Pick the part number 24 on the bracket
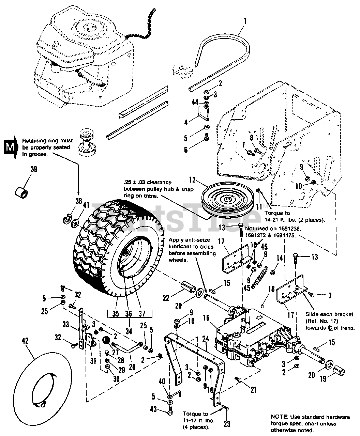(x=205, y=339)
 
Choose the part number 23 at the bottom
(x=227, y=424)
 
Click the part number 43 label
(x=154, y=409)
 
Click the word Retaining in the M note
(x=33, y=140)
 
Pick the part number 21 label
(x=253, y=390)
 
